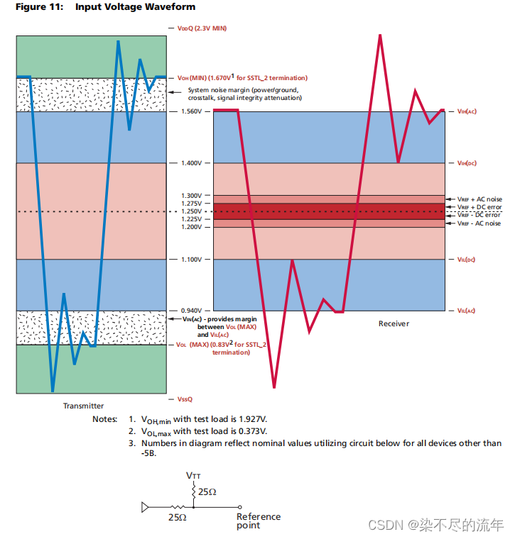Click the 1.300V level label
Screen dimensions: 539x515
coord(192,196)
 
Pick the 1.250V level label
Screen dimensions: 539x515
coord(192,211)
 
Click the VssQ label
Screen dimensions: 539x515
coord(185,399)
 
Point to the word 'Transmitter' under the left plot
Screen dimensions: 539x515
coord(83,406)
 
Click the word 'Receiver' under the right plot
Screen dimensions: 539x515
coord(394,323)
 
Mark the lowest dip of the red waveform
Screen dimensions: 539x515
coord(274,387)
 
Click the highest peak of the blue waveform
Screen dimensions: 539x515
coord(117,42)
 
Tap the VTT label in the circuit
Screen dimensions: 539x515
coord(193,474)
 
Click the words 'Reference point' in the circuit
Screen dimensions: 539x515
coord(259,521)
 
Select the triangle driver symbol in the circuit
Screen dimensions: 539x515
coord(146,507)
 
